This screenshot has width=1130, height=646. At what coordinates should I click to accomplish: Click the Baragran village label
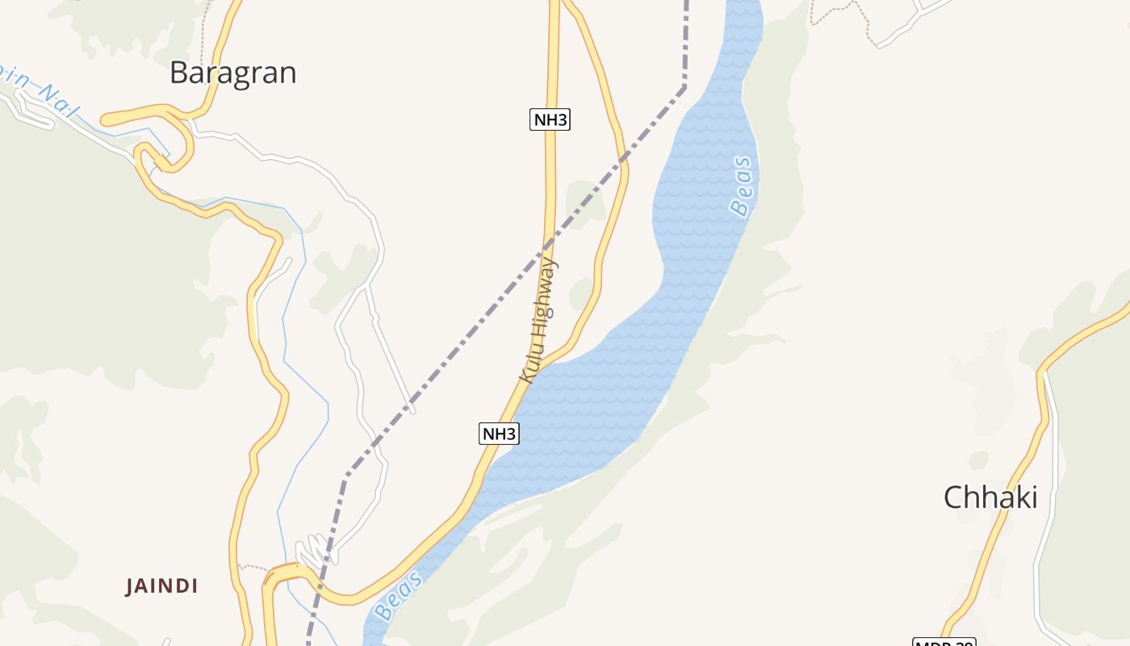pyautogui.click(x=233, y=73)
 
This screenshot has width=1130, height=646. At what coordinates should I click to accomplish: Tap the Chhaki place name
pyautogui.click(x=990, y=497)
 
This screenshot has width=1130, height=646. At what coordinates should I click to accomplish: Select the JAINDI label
pyautogui.click(x=161, y=586)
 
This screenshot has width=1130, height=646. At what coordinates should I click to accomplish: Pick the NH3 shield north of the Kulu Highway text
pyautogui.click(x=550, y=120)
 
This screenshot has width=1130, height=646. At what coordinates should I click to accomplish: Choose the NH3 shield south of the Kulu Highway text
pyautogui.click(x=499, y=434)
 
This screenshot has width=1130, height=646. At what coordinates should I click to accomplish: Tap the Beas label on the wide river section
pyautogui.click(x=742, y=187)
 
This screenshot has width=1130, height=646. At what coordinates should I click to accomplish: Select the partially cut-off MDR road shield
pyautogui.click(x=944, y=641)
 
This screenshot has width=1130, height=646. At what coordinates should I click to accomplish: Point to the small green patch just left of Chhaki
pyautogui.click(x=977, y=460)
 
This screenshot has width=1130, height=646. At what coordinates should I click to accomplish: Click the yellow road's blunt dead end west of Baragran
pyautogui.click(x=105, y=121)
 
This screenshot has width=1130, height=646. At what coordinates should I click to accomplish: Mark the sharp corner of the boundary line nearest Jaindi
pyautogui.click(x=345, y=476)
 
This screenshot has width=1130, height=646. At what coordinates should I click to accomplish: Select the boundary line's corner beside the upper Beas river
pyautogui.click(x=684, y=86)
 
